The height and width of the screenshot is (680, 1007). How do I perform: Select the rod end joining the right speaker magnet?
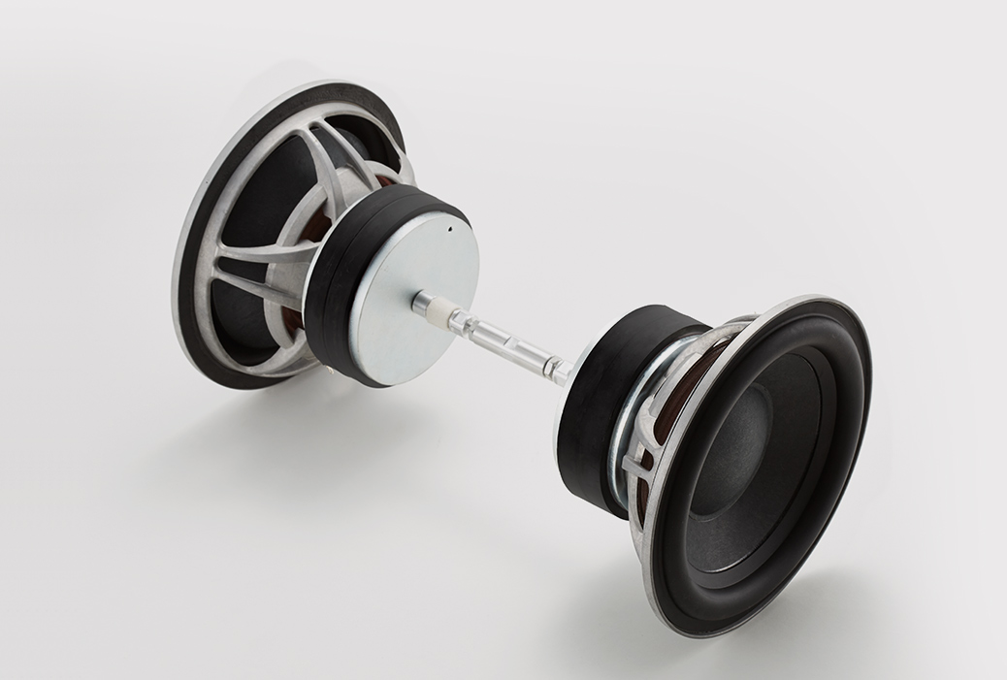tap(561, 371)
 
